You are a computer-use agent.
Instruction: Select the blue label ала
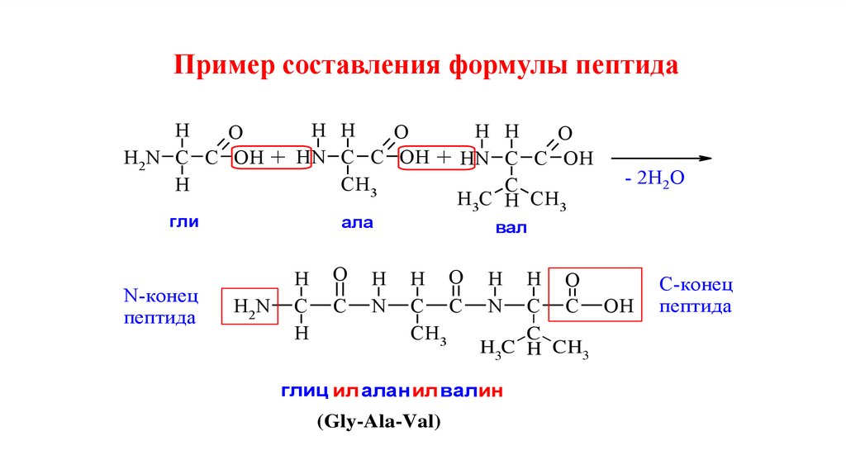click(x=357, y=222)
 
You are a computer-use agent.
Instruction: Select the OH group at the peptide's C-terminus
click(x=618, y=307)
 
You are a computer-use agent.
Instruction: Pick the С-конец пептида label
click(x=696, y=296)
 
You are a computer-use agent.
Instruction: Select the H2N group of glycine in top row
click(x=141, y=159)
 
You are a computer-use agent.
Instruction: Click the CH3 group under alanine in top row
click(x=359, y=187)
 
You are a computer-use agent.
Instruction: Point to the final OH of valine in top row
click(x=579, y=159)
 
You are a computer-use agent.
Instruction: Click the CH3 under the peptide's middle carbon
click(x=430, y=334)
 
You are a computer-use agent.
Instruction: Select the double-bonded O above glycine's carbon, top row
click(x=235, y=134)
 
